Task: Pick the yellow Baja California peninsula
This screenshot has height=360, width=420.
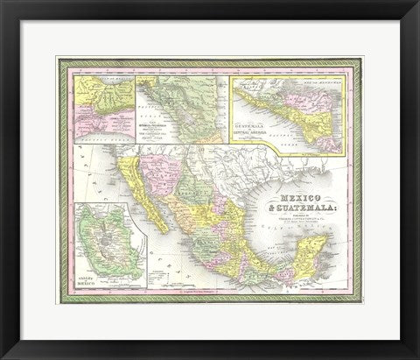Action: [x=141, y=188]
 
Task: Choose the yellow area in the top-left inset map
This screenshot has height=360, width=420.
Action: [x=87, y=92]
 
